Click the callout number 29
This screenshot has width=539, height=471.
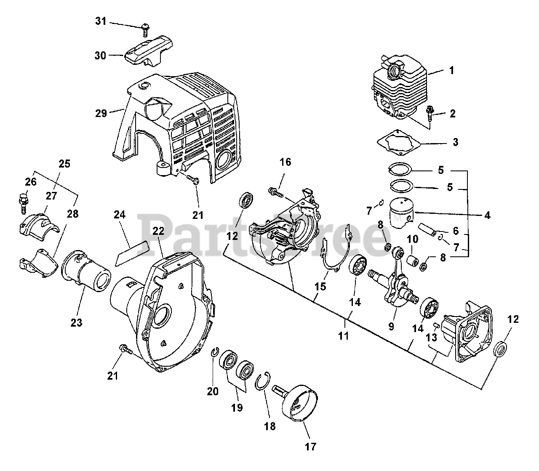click(101, 113)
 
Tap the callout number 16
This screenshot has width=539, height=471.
click(285, 162)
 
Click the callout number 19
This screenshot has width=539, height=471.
click(237, 407)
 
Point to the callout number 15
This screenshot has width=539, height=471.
click(320, 287)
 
